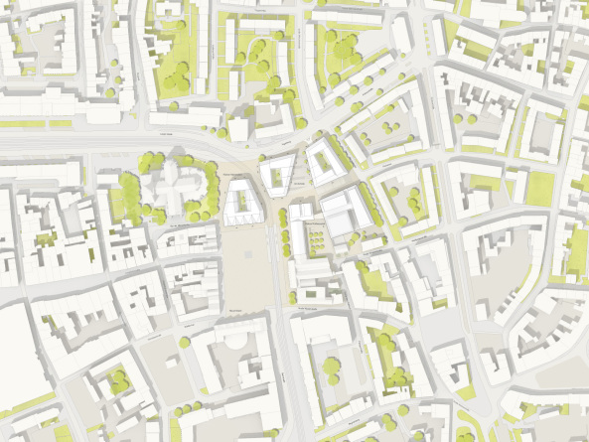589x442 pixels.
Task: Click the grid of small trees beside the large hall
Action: pos(316,237)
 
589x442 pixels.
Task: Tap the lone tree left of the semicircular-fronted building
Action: pos(185,342)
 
